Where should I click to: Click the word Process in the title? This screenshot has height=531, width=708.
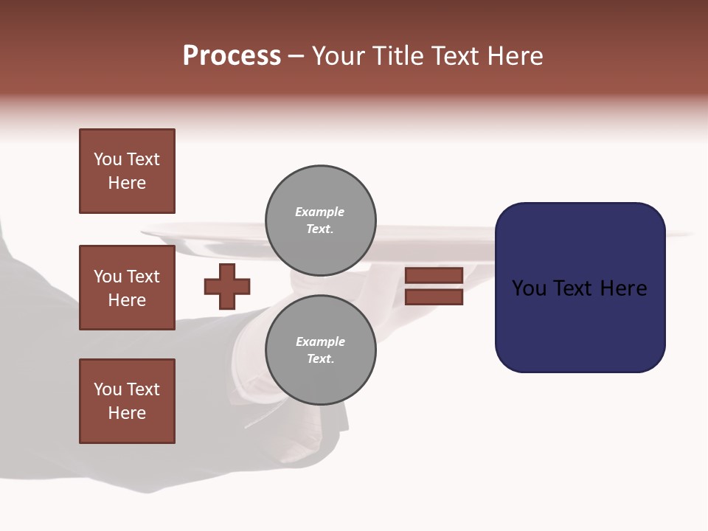point(232,56)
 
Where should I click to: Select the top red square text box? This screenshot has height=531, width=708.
point(127,171)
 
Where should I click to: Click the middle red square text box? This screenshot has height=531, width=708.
point(127,288)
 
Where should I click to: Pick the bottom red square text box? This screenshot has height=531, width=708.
point(127,401)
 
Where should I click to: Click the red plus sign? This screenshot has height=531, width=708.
point(227,286)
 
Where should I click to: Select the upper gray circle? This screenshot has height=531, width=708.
point(320,220)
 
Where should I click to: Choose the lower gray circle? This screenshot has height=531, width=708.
point(320,350)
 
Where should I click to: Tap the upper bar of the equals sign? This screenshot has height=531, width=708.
point(434,275)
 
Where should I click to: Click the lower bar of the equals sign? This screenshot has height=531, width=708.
point(434,296)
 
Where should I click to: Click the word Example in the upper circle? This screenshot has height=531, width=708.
point(319,212)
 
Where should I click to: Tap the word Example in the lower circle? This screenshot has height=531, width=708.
point(320,341)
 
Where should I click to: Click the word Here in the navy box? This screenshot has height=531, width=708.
point(624,288)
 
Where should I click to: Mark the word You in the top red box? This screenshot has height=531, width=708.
point(108,159)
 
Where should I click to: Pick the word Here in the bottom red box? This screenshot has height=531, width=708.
point(127,413)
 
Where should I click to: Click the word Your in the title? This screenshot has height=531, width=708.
point(338,56)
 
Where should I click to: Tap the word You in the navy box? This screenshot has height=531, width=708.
point(528,288)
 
